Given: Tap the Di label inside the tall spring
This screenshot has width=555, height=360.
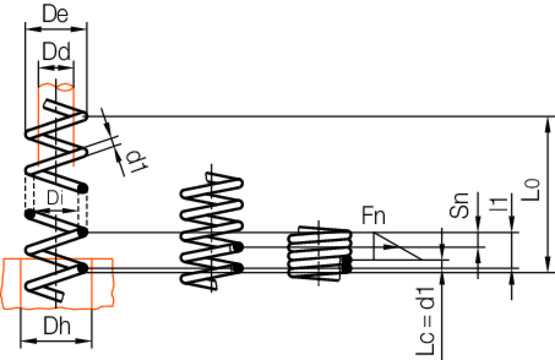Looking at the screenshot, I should (x=55, y=197).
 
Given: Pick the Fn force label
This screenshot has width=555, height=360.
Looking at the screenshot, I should (x=374, y=215).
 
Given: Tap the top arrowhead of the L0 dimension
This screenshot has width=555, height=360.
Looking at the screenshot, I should (x=547, y=124).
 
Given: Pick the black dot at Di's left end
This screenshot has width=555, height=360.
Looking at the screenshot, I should (x=30, y=214).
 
